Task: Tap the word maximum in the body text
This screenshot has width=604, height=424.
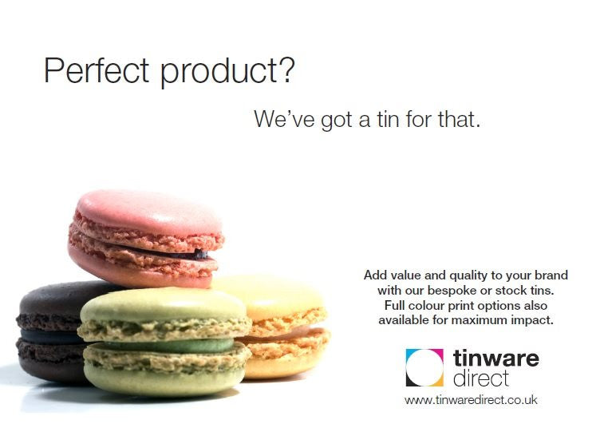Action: pos(497,320)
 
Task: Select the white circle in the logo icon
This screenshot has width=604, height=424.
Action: pos(424,368)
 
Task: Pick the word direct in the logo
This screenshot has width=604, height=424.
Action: pos(480,378)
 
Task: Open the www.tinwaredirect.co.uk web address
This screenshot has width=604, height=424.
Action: pos(470,400)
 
